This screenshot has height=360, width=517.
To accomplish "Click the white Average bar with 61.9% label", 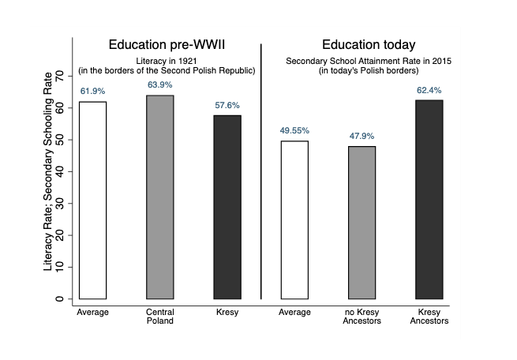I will click(92, 201).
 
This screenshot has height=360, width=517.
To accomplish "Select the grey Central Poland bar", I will click(160, 197).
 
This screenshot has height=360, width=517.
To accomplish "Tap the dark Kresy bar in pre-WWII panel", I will click(227, 207).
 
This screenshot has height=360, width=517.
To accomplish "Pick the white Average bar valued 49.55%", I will click(294, 220).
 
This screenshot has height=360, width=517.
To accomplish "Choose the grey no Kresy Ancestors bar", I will click(362, 223).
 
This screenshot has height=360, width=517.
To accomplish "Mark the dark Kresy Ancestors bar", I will click(429, 200).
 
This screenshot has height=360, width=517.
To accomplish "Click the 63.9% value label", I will click(160, 84).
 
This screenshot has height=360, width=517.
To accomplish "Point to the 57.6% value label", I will click(227, 104).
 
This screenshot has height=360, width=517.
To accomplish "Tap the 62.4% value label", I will click(429, 89).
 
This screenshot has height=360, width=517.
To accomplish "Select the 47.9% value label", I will click(362, 136).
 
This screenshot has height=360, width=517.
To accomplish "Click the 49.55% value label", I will click(294, 130).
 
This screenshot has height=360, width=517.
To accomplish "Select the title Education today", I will click(369, 45).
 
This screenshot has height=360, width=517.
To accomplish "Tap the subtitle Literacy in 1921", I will click(167, 61).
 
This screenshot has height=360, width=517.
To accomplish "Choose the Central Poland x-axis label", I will click(160, 317).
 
